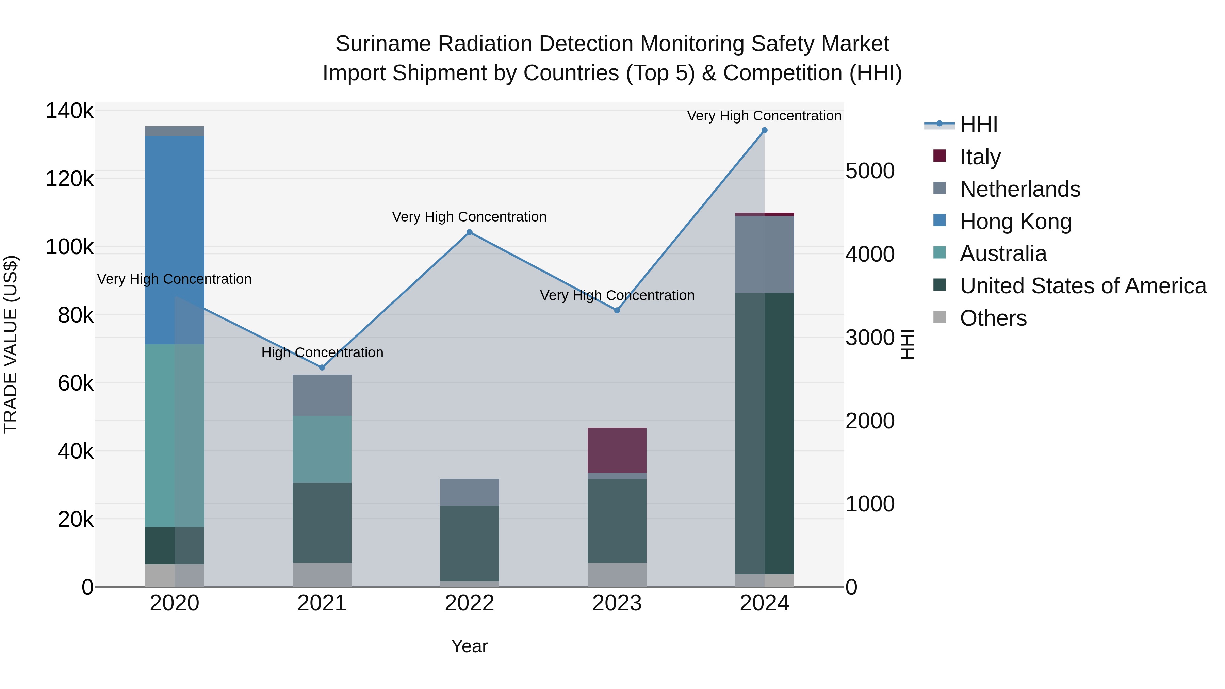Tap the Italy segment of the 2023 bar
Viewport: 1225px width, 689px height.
pyautogui.click(x=617, y=450)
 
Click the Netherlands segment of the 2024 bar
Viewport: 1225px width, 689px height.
pyautogui.click(x=764, y=255)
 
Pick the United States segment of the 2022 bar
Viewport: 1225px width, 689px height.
pyautogui.click(x=469, y=543)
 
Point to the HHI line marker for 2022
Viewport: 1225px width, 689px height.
pyautogui.click(x=469, y=232)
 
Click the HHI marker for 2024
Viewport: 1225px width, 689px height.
pyautogui.click(x=764, y=130)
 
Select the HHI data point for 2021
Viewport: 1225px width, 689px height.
pyautogui.click(x=322, y=367)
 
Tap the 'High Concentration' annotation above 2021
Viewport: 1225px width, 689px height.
pyautogui.click(x=322, y=352)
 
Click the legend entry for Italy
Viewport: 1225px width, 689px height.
pyautogui.click(x=980, y=157)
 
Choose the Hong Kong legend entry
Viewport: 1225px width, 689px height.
pyautogui.click(x=1015, y=222)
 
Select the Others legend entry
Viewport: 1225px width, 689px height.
pyautogui.click(x=993, y=318)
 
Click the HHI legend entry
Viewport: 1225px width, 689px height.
pyautogui.click(x=978, y=125)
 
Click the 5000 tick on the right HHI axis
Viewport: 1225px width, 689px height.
pyautogui.click(x=870, y=171)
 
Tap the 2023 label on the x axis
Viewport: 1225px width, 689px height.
pyautogui.click(x=617, y=603)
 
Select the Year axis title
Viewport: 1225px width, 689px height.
pyautogui.click(x=469, y=646)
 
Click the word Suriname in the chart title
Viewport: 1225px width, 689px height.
pyautogui.click(x=383, y=44)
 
